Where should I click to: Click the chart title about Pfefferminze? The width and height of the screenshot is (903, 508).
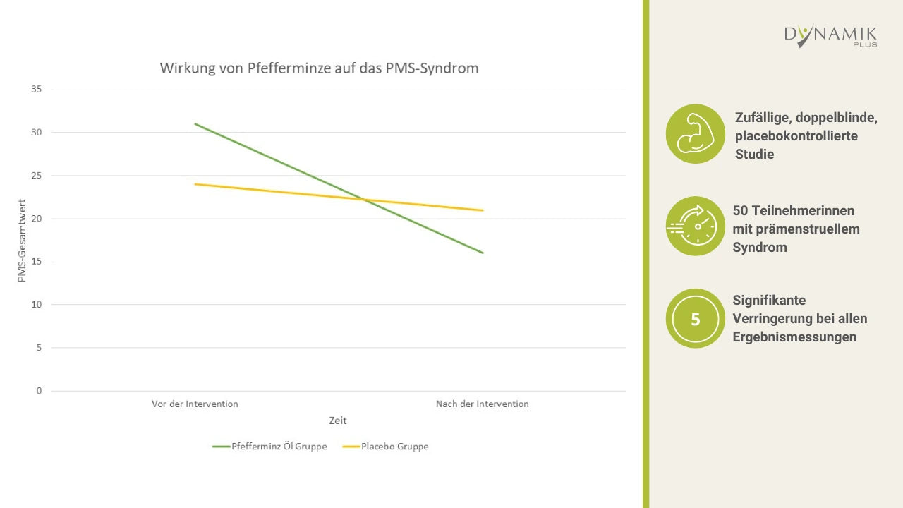(319, 68)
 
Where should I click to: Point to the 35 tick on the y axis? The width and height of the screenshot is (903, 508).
(37, 90)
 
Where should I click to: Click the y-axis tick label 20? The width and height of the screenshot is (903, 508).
(37, 219)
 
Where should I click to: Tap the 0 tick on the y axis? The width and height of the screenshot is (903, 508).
(39, 391)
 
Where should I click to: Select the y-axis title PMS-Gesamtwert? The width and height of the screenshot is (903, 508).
(21, 240)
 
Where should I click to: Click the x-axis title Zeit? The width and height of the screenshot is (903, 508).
(338, 421)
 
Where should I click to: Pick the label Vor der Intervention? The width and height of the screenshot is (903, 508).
(195, 404)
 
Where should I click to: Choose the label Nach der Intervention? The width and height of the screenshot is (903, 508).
(482, 404)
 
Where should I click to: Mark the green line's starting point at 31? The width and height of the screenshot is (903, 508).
(195, 124)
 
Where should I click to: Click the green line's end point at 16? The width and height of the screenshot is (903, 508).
(483, 253)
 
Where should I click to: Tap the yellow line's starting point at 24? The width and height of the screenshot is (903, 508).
(195, 184)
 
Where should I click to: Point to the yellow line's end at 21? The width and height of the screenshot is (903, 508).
(483, 210)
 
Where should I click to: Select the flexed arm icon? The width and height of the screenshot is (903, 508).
(696, 134)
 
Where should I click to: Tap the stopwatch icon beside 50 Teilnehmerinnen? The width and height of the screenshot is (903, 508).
(696, 226)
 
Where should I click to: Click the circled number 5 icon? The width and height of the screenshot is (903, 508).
(696, 319)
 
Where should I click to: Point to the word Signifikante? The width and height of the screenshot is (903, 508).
(769, 301)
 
